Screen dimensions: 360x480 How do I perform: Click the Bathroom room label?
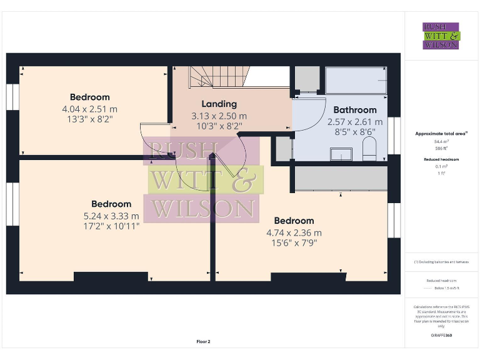tap(355, 109)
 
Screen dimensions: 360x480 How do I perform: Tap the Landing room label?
tap(219, 104)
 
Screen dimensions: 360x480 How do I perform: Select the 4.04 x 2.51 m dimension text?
tap(89, 109)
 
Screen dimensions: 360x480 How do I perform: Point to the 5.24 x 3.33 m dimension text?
tap(111, 216)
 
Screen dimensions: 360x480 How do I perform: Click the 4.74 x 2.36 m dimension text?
tap(294, 232)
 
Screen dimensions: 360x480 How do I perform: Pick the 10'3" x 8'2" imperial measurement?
tap(219, 126)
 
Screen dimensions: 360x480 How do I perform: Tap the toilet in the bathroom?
tap(369, 149)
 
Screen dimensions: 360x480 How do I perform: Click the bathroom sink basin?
tap(341, 154)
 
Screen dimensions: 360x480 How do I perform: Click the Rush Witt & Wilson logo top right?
tap(441, 36)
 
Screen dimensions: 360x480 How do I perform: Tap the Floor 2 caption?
tap(203, 342)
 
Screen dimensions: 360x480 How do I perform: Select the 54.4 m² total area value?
tap(441, 142)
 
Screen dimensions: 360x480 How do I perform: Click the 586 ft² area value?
tap(441, 149)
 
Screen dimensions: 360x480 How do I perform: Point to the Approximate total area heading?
tap(441, 134)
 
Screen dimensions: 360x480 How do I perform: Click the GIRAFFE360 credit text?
tap(441, 336)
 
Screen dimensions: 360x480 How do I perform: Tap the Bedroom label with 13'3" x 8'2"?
tap(89, 97)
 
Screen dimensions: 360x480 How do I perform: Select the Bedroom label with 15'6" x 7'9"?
tap(294, 221)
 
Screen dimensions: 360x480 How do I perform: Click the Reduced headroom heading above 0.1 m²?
tap(441, 159)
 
